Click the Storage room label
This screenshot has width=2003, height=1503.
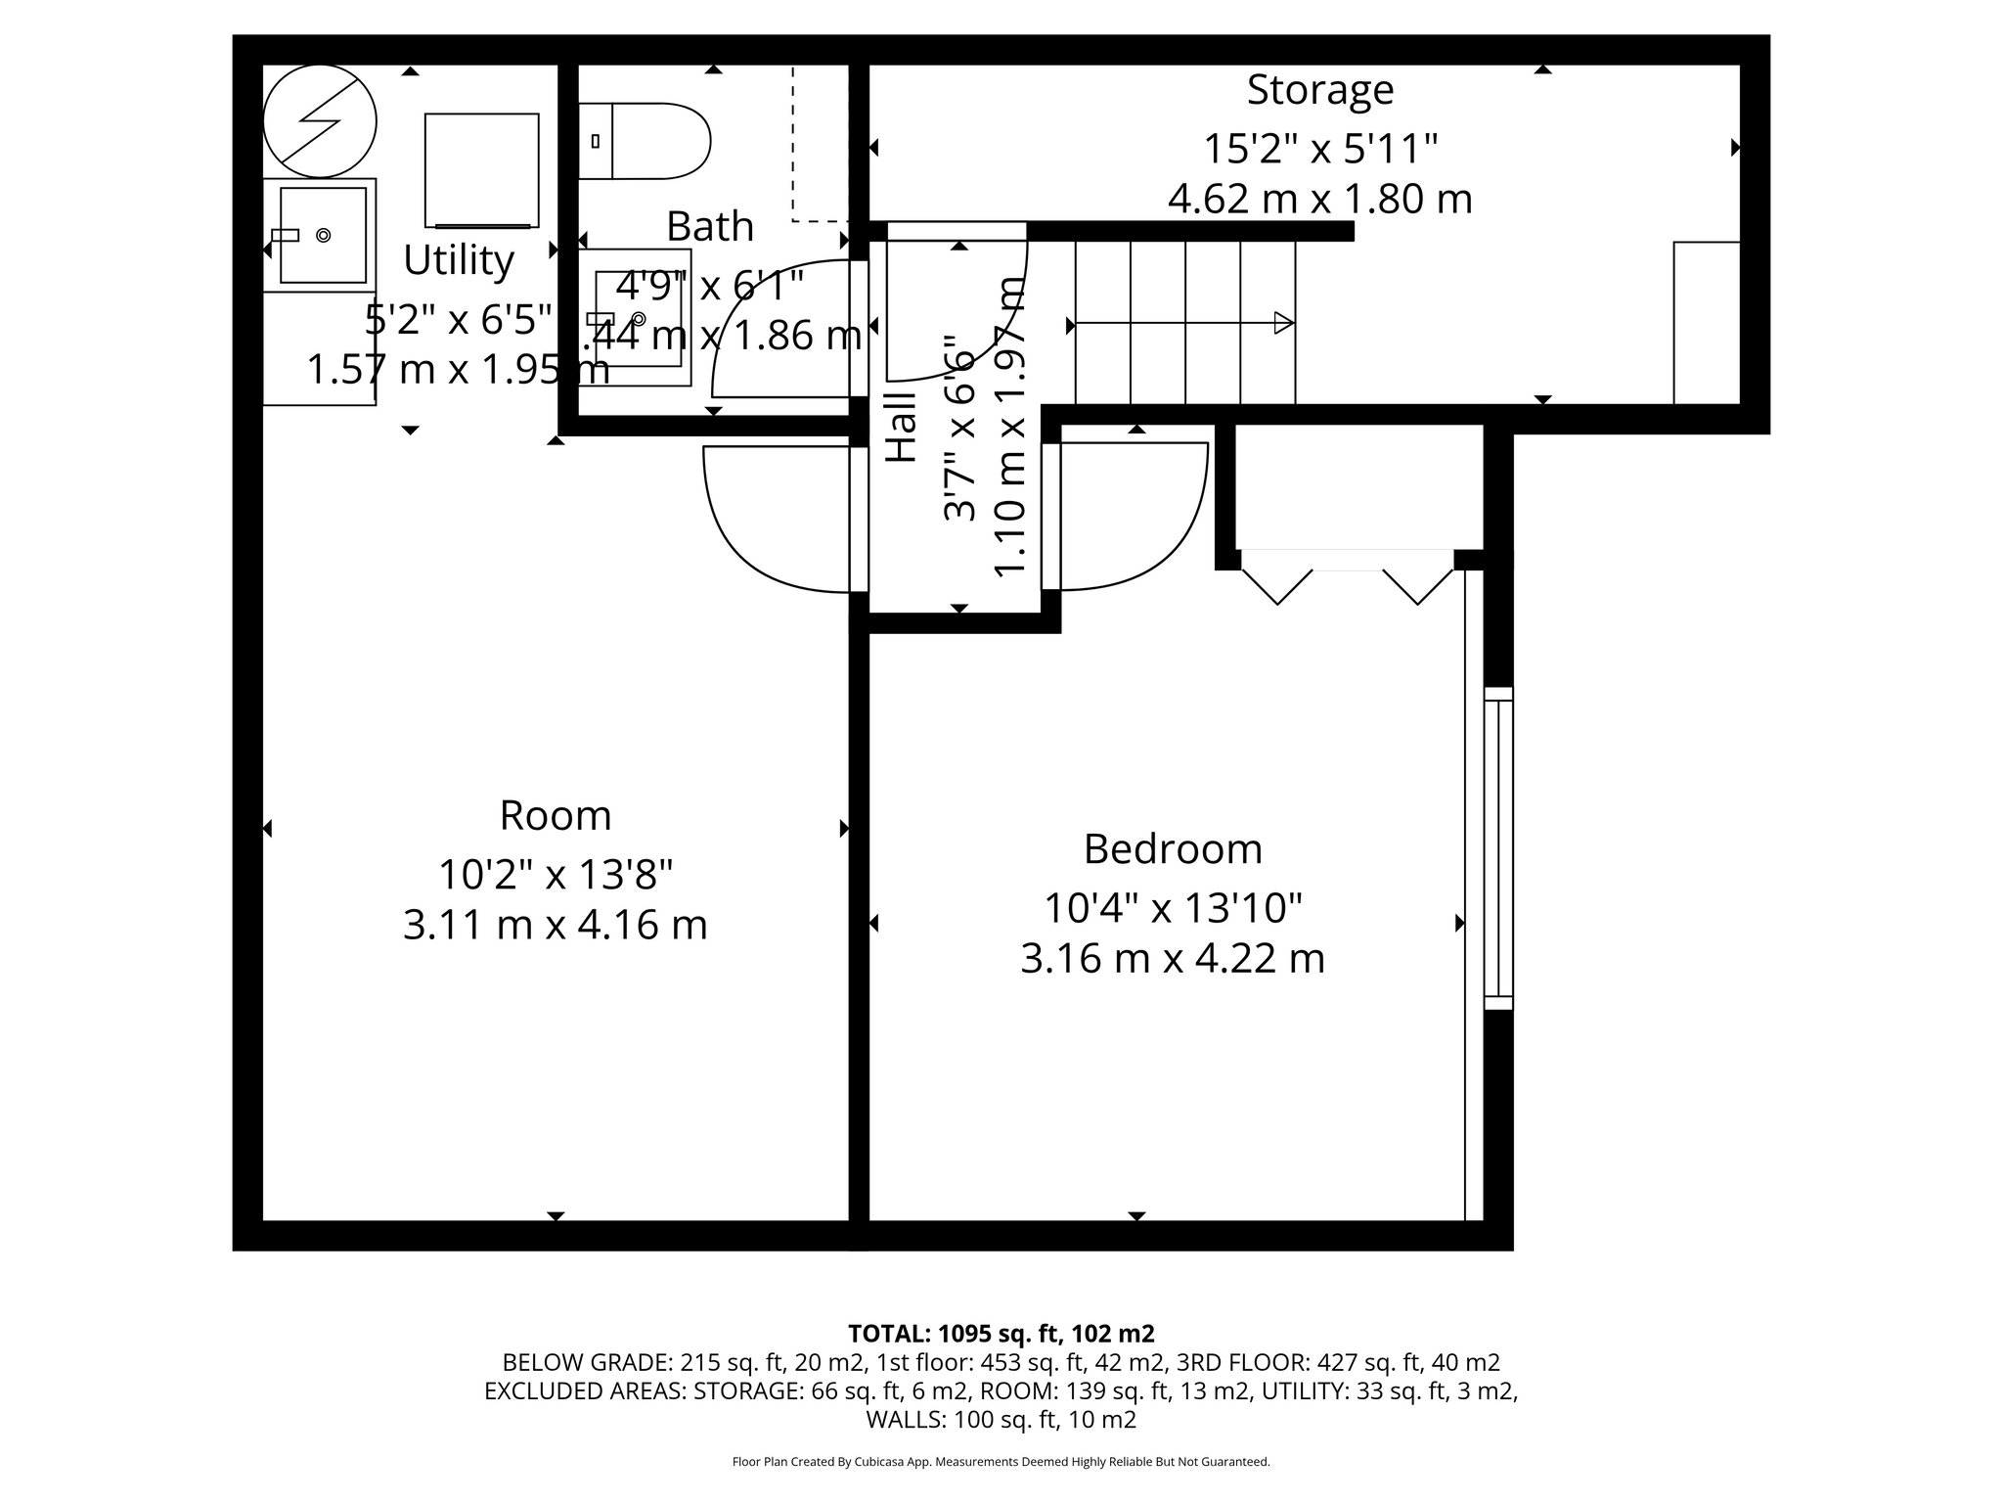tap(1319, 90)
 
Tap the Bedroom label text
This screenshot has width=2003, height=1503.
tap(1173, 848)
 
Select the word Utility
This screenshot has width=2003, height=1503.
tap(458, 260)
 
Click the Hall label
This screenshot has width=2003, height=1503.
tap(901, 428)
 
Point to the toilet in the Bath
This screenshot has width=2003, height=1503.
tap(645, 141)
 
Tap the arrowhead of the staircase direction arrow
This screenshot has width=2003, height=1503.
tap(1284, 323)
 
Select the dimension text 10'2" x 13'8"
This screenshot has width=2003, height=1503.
tap(555, 874)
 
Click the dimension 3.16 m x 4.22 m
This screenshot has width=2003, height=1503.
tap(1173, 958)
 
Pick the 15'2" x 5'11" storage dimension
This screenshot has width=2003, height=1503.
tap(1319, 150)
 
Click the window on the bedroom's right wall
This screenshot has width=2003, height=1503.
tap(1497, 847)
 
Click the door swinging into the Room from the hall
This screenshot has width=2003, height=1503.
tap(778, 519)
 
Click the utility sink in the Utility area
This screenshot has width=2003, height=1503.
tap(323, 235)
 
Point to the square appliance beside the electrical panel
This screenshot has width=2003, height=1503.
tap(481, 170)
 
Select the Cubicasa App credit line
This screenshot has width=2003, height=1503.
tap(1001, 1462)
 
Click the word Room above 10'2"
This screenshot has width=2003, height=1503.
tap(555, 815)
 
